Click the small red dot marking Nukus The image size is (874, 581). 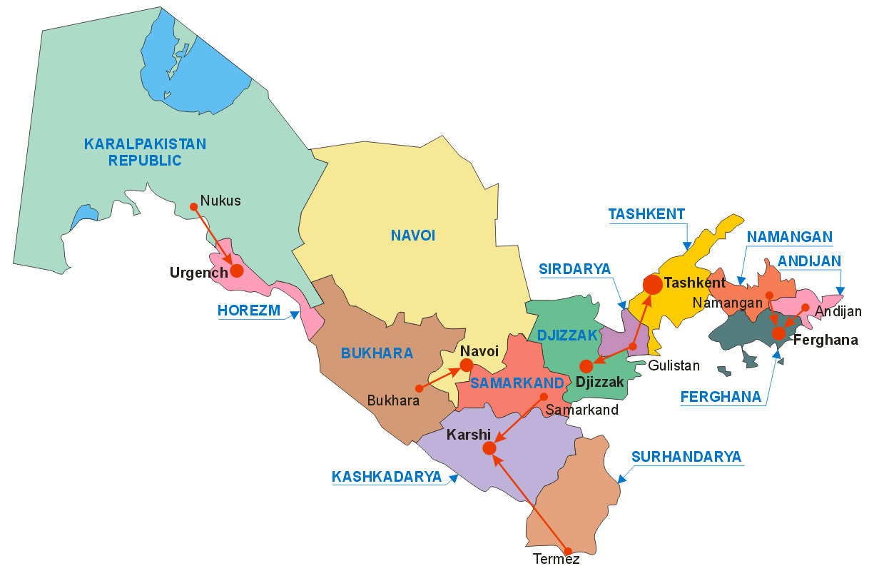pyautogui.click(x=193, y=206)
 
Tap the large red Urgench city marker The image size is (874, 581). pyautogui.click(x=237, y=271)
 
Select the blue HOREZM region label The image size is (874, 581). pyautogui.click(x=249, y=310)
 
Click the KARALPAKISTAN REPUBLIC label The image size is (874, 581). pyautogui.click(x=145, y=152)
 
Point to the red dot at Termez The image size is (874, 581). pyautogui.click(x=568, y=551)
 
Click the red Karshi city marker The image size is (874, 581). pyautogui.click(x=489, y=448)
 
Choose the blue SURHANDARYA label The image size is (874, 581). pyautogui.click(x=686, y=457)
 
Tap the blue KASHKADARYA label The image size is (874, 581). pyautogui.click(x=387, y=477)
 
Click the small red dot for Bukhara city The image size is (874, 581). pyautogui.click(x=419, y=389)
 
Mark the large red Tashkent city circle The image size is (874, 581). pyautogui.click(x=652, y=284)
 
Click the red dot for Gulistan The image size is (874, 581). pyautogui.click(x=633, y=347)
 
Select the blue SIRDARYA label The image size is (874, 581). pyautogui.click(x=575, y=269)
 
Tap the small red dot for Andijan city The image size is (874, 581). pyautogui.click(x=805, y=308)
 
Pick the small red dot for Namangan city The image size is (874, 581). pyautogui.click(x=769, y=295)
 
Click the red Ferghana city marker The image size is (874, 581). pyautogui.click(x=778, y=333)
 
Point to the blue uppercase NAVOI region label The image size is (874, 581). pyautogui.click(x=412, y=236)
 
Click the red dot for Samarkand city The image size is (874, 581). pyautogui.click(x=544, y=396)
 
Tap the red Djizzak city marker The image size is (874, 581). pyautogui.click(x=586, y=366)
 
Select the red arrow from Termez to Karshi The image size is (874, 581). pyautogui.click(x=529, y=500)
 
